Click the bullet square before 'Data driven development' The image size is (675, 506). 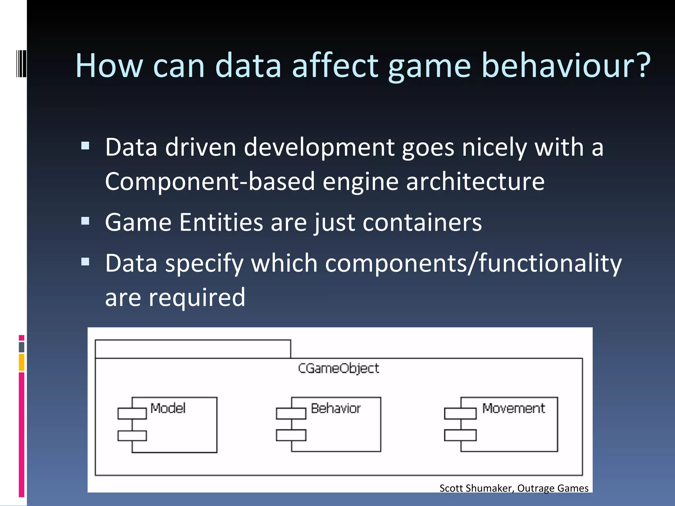pos(85,146)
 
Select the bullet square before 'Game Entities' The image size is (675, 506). pos(85,221)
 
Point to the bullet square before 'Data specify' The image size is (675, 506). pos(85,262)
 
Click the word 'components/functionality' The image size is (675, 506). pos(473,264)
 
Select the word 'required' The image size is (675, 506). pos(197,297)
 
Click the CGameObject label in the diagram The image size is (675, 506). pos(338,368)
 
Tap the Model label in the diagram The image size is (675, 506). pos(168,408)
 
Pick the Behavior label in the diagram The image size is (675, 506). pos(336,408)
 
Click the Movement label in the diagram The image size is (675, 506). pos(513,408)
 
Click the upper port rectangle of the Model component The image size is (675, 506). pos(132,413)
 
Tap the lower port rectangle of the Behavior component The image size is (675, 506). pos(291,435)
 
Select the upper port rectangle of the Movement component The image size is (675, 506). pos(460,413)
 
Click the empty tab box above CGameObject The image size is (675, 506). pos(193,349)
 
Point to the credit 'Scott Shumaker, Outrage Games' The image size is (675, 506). pos(514,488)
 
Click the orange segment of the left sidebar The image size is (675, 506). pos(21,362)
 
